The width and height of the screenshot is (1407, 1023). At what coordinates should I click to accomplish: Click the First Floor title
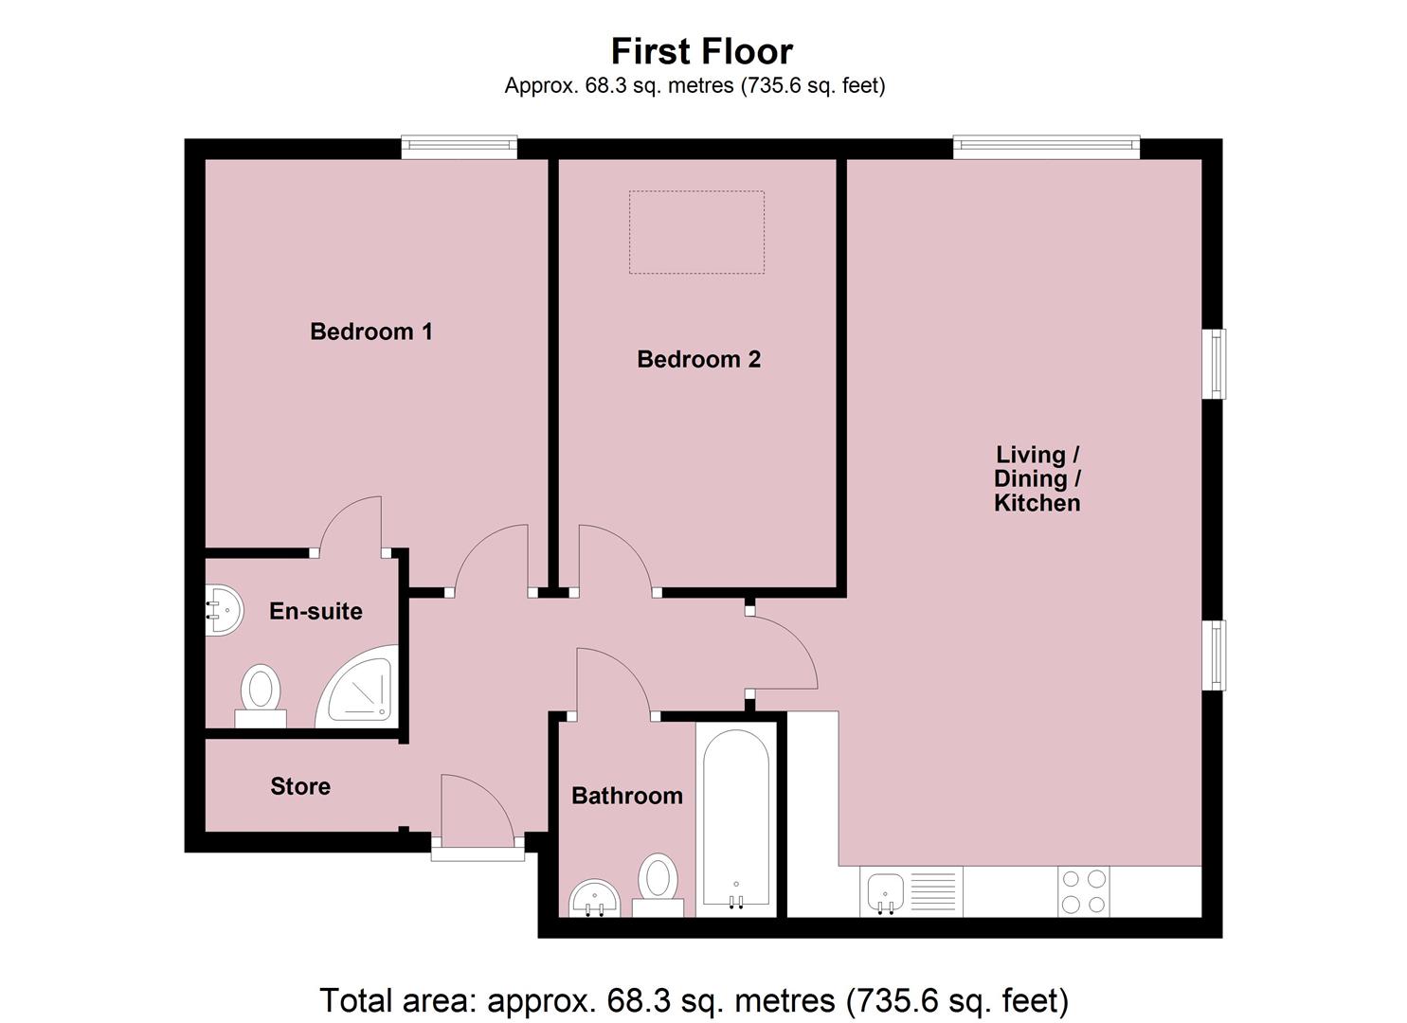[701, 50]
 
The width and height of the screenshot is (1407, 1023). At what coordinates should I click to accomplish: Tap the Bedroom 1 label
[370, 332]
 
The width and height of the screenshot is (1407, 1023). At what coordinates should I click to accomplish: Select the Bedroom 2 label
[698, 359]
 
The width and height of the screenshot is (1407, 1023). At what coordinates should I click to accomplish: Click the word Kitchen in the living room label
[1037, 503]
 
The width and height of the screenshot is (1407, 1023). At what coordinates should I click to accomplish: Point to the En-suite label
[316, 611]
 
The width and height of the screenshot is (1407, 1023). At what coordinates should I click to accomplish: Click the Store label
[300, 786]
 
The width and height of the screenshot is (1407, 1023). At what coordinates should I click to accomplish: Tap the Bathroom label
[626, 796]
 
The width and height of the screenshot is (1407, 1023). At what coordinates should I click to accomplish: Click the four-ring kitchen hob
[1084, 891]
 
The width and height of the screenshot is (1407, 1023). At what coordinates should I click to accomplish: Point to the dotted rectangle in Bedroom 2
[696, 232]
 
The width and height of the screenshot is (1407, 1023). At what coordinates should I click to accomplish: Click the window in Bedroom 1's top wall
[459, 146]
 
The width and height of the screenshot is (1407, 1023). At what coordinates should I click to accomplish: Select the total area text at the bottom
[694, 1000]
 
